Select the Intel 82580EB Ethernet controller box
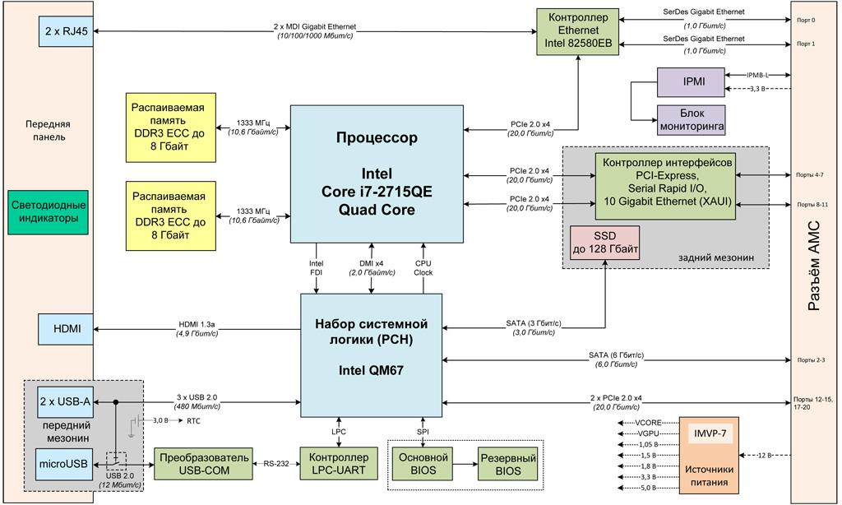(x=578, y=31)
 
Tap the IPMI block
(x=691, y=82)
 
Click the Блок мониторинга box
(x=691, y=120)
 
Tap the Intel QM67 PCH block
(x=372, y=354)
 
